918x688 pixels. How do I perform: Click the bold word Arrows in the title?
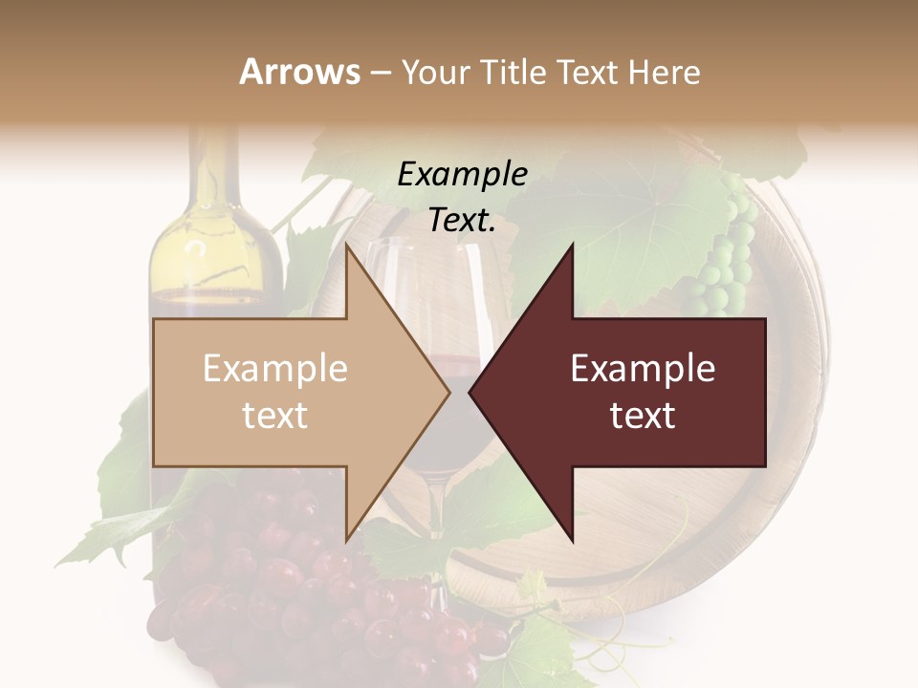pos(300,72)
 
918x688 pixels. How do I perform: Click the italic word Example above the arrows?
pos(462,174)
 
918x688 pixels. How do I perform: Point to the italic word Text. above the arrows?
pos(462,220)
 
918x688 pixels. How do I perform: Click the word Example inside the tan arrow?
pos(274,369)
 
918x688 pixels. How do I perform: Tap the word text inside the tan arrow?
pos(274,416)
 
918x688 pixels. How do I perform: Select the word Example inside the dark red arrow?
pos(643,369)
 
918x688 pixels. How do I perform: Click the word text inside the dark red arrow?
pos(643,416)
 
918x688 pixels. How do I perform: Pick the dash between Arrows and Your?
pos(380,73)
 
